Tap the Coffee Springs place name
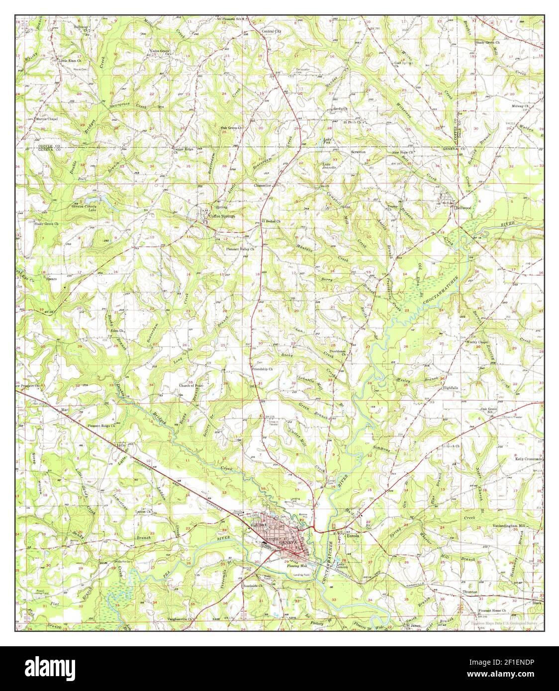click(221, 217)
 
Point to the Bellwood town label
click(463, 208)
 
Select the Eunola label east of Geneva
click(353, 536)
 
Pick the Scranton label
click(358, 152)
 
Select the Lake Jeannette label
click(329, 166)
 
